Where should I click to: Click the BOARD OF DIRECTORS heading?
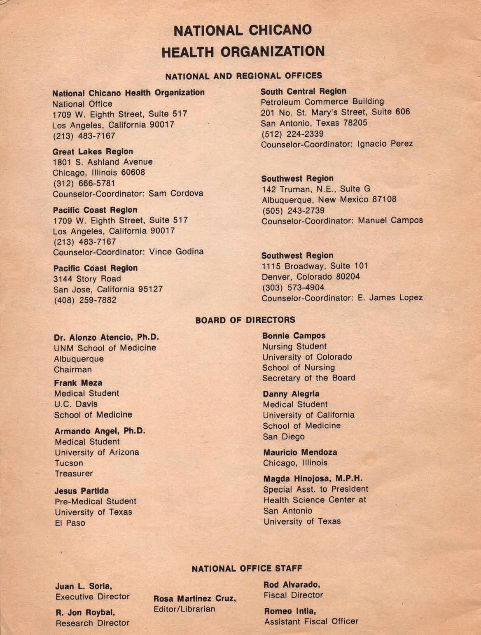pos(245,320)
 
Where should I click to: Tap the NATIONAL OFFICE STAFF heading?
pos(247,569)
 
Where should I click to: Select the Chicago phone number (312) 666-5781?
pos(84,183)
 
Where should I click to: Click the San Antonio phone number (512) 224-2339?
pos(292,133)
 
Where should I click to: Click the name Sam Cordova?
pos(176,193)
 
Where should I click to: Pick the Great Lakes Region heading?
pos(93,151)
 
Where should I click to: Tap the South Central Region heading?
pos(304,91)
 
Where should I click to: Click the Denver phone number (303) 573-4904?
pos(293,287)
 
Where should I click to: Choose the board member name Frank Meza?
pos(78,383)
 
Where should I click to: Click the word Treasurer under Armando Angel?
pos(74,474)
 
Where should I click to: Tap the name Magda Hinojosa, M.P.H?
pos(313,479)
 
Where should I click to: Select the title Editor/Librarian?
pos(184,609)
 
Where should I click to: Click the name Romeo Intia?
pos(290,611)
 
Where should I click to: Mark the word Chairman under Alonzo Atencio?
pos(73,369)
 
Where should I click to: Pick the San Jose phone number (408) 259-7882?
pos(85,300)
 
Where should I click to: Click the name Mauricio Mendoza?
pos(300,452)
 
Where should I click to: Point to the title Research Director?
pos(92,623)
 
